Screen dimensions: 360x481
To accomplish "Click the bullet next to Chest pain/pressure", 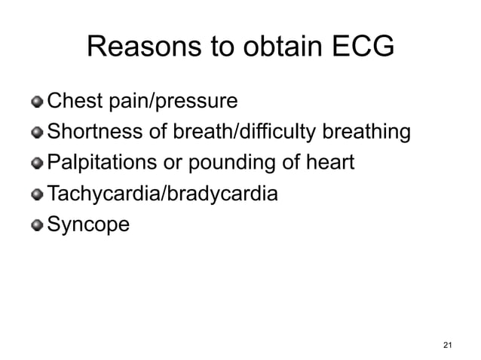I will coord(38,101).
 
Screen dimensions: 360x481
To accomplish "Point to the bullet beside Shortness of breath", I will coord(38,133).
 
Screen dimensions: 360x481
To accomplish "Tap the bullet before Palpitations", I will coord(38,163).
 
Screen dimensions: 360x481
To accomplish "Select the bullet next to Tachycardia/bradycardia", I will coord(38,195).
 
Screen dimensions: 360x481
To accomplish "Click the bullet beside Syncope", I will coord(38,225).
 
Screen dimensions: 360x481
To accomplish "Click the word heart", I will coord(332,163).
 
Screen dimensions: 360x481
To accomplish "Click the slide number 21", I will coord(448,345).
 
